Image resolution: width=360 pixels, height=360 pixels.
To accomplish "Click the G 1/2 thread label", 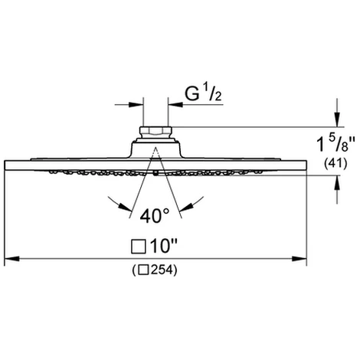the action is point(203,93).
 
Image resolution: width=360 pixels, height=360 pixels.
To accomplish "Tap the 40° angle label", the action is point(154,216).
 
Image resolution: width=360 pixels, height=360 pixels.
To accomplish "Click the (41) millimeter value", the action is point(335,163).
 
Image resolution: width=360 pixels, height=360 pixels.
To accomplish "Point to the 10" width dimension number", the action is point(164,246).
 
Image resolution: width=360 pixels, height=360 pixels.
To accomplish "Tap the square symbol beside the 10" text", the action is point(139,247).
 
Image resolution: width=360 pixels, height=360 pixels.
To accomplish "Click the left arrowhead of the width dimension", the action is point(11,259).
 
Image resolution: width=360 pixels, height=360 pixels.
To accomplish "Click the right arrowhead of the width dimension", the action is point(299,259).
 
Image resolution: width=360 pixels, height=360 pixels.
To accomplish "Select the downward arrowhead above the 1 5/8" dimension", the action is point(338,119).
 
